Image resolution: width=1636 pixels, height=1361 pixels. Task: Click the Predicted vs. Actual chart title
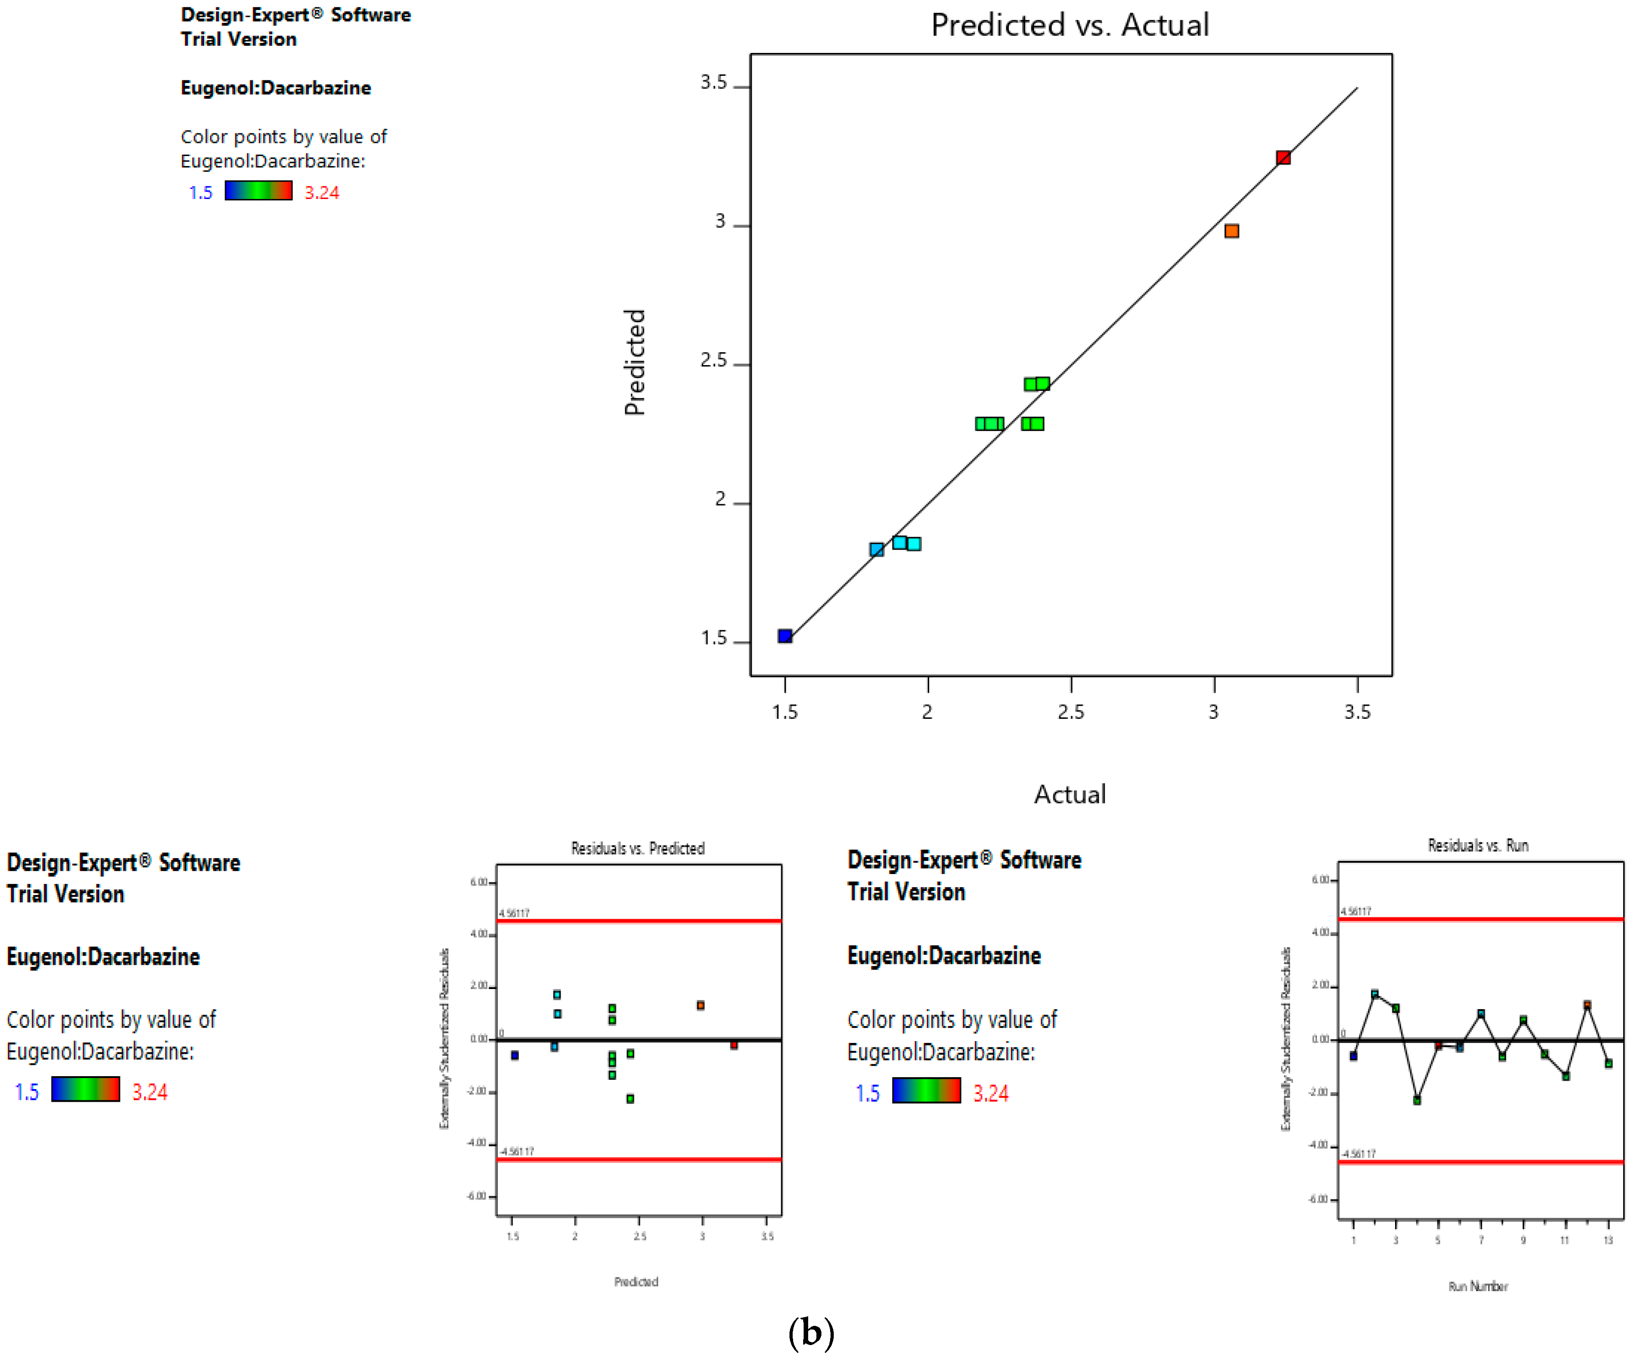pos(1070,25)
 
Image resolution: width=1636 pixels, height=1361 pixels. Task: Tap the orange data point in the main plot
pos(1232,230)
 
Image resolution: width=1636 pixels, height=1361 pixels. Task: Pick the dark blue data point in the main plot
pos(785,636)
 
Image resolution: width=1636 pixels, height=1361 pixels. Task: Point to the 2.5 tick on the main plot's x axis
pos(1071,711)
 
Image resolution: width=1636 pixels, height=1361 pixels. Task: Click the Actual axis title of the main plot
pos(1070,794)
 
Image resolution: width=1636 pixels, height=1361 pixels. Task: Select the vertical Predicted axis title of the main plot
pos(635,362)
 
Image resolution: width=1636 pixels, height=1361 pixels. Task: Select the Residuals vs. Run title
pos(1477,845)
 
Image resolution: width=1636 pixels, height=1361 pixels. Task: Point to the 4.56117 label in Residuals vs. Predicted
pos(514,913)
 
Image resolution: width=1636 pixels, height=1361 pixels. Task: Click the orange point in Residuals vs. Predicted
pos(700,1005)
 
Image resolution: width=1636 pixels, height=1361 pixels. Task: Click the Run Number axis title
pos(1478,1286)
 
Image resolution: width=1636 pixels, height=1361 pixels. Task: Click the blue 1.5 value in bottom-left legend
pos(26,1091)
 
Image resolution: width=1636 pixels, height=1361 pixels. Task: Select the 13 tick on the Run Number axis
pos(1608,1240)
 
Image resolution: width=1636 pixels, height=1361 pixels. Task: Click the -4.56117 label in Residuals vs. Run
pos(1358,1154)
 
